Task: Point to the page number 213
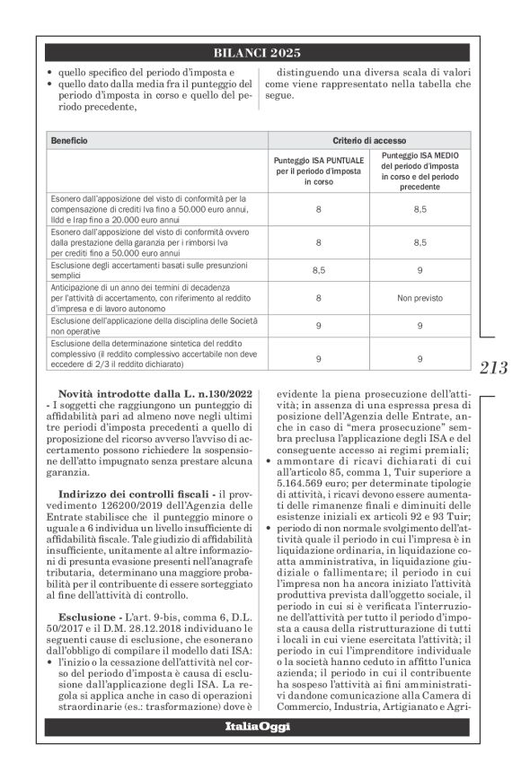pos(494,367)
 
